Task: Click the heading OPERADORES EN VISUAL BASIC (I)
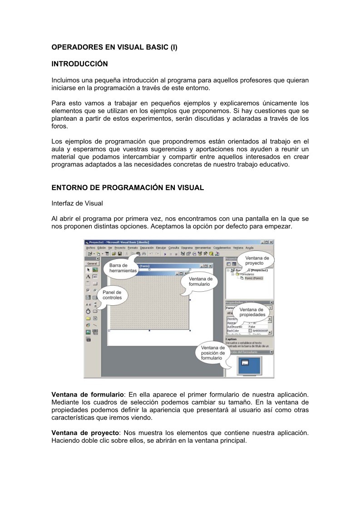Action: (x=114, y=46)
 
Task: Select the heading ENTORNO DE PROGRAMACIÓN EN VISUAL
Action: (x=128, y=187)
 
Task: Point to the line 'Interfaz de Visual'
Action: (x=77, y=203)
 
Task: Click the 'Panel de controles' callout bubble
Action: (x=112, y=295)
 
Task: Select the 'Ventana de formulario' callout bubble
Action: (x=201, y=282)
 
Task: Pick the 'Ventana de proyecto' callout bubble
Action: (x=257, y=260)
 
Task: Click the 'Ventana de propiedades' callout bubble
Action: (x=252, y=312)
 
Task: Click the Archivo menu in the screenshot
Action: (x=90, y=248)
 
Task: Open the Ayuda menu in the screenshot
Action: (x=249, y=248)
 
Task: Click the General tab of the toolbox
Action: (x=92, y=263)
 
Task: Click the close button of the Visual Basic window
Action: (x=271, y=242)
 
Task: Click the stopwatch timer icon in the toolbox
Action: (x=88, y=312)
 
